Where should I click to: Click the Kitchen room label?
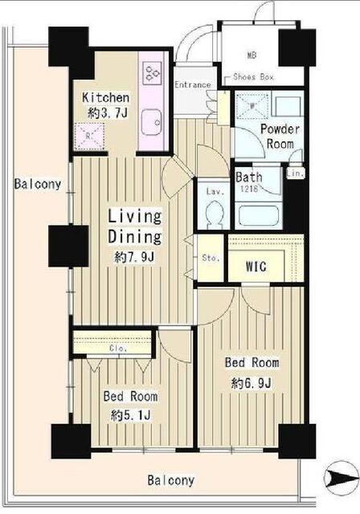pos(105,97)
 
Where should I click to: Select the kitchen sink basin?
pos(151,123)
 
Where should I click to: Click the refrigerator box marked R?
pos(89,136)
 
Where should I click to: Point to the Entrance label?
pos(193,84)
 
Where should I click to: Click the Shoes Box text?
pos(253,77)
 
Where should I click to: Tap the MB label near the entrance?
pos(252,55)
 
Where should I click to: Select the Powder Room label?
pos(280,137)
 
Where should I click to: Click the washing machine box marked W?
pos(252,106)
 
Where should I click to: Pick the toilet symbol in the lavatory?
pos(215,214)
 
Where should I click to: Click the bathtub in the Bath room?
pos(259,215)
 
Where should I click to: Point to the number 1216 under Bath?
pos(249,189)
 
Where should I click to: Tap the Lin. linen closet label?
pos(296,173)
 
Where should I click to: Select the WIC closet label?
pos(256,266)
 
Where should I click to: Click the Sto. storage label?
pos(211,258)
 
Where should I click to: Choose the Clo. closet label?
pos(118,349)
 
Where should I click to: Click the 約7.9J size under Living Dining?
pos(134,257)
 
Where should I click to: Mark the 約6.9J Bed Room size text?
pos(252,382)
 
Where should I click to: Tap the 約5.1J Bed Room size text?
pos(131,415)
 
